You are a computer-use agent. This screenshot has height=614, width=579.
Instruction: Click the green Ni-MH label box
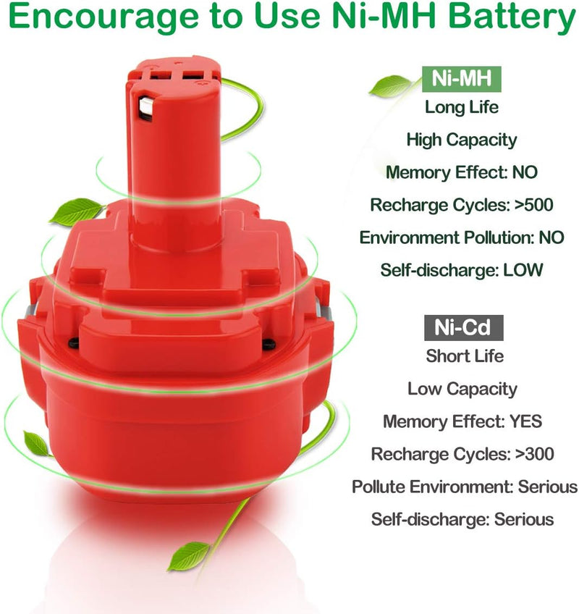pyautogui.click(x=462, y=79)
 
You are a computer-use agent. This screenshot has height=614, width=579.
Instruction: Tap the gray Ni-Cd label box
pyautogui.click(x=463, y=327)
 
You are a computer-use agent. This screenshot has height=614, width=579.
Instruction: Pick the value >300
pyautogui.click(x=534, y=454)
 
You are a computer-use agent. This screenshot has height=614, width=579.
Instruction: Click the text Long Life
pyautogui.click(x=462, y=107)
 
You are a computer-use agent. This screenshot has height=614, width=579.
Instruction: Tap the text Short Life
pyautogui.click(x=465, y=356)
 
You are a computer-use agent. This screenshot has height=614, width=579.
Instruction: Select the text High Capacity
pyautogui.click(x=462, y=140)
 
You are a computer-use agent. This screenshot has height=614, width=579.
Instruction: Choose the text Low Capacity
pyautogui.click(x=462, y=390)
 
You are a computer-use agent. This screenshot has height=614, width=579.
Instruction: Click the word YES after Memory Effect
pyautogui.click(x=525, y=421)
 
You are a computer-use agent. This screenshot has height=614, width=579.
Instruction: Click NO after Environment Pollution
pyautogui.click(x=551, y=237)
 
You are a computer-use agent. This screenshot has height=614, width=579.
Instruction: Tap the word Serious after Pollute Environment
pyautogui.click(x=548, y=487)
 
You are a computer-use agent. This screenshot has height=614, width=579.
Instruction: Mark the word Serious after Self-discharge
pyautogui.click(x=524, y=520)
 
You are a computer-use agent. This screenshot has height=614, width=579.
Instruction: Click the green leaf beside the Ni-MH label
pyautogui.click(x=390, y=85)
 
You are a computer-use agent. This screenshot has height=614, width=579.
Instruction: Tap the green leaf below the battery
pyautogui.click(x=189, y=555)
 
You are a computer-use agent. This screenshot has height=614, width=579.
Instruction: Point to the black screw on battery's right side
pyautogui.click(x=269, y=344)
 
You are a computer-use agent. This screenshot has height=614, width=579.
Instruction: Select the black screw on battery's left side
pyautogui.click(x=73, y=343)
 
